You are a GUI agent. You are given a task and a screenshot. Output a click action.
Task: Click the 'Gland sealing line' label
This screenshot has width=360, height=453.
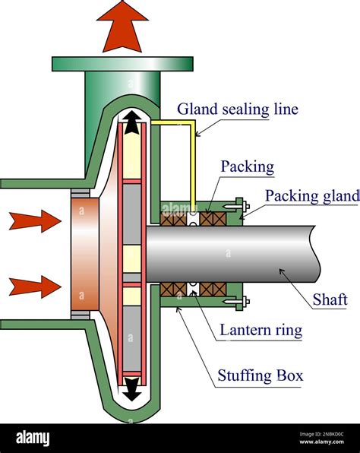click(238, 109)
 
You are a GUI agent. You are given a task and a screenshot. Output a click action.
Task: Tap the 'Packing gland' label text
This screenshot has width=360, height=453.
click(311, 196)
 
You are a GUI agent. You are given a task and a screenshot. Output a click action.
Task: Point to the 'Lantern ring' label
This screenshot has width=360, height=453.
click(261, 330)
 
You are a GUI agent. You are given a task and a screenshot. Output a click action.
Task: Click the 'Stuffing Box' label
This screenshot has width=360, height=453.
click(260, 375)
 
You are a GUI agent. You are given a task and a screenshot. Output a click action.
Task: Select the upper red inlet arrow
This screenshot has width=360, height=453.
click(34, 221)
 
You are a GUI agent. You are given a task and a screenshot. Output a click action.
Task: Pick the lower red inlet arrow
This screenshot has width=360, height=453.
click(34, 286)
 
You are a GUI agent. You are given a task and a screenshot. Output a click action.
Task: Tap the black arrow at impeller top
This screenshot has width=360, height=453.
click(133, 122)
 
